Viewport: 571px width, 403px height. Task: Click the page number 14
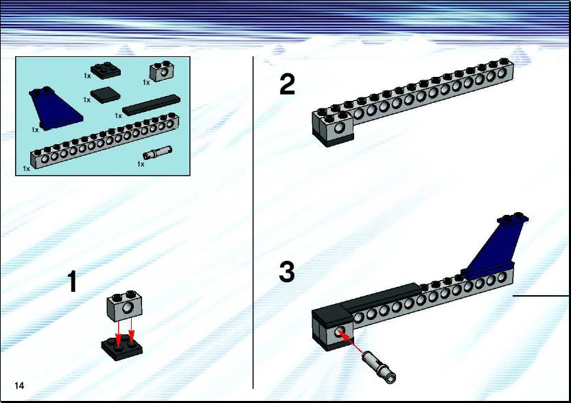[x=19, y=386]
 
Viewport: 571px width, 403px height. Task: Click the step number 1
[x=73, y=281]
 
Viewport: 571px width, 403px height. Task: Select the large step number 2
[x=288, y=84]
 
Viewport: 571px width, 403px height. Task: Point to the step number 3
[x=287, y=272]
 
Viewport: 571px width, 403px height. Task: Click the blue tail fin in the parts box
[x=55, y=108]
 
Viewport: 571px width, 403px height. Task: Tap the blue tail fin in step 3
[x=495, y=248]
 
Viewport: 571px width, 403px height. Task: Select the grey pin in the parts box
[x=157, y=152]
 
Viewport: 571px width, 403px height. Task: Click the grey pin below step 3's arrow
[x=379, y=367]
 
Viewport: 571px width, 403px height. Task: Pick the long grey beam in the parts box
[x=105, y=140]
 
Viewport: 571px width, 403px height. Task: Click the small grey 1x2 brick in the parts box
[x=162, y=71]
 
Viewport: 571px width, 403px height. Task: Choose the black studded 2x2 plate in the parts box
[x=106, y=70]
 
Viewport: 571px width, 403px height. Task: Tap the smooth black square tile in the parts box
[x=105, y=95]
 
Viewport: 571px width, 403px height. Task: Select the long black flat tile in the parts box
[x=152, y=105]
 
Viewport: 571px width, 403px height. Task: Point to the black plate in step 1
[x=122, y=348]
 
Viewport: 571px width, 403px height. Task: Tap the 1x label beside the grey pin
[x=141, y=164]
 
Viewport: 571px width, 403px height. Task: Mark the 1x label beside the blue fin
[x=35, y=130]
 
